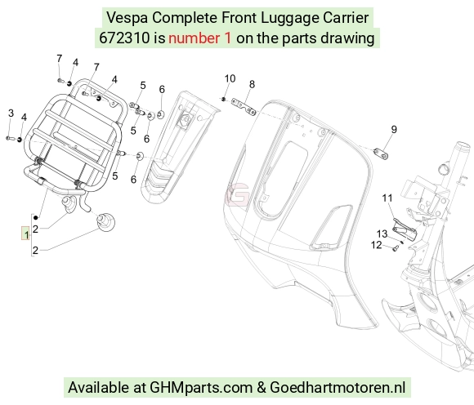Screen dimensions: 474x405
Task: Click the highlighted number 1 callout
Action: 25,234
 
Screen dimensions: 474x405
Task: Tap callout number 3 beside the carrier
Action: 11,113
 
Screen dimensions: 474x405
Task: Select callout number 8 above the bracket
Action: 252,84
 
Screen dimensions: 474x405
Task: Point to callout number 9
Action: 394,130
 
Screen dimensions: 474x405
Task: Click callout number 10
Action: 230,78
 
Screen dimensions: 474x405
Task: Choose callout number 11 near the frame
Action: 387,198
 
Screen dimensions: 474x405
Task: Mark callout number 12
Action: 377,245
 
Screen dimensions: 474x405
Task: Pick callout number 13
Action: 382,234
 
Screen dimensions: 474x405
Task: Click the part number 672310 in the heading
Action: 124,38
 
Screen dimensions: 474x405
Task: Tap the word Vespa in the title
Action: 127,17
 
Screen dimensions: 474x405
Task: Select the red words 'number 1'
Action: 200,38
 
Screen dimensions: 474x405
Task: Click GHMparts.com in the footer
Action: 201,388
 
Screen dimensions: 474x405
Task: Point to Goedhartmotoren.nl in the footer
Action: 338,387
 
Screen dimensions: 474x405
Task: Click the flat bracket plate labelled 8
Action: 244,107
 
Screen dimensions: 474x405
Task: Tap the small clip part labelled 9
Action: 381,154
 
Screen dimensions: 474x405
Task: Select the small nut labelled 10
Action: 223,99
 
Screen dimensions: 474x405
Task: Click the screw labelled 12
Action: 396,249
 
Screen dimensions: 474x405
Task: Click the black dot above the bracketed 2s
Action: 36,217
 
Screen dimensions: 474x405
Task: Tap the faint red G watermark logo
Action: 239,195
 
